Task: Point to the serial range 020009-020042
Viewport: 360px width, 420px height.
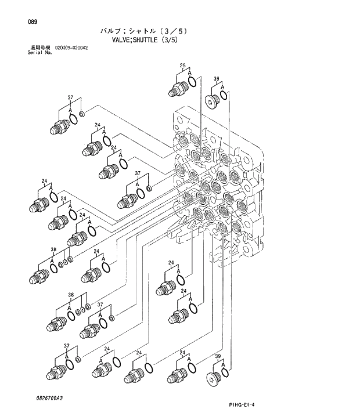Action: [x=73, y=49]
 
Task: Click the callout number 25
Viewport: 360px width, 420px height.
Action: [x=182, y=67]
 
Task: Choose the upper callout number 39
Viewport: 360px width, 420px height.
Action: [x=216, y=79]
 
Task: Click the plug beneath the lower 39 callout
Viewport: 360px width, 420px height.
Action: [x=214, y=380]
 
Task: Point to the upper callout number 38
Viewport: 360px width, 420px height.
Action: [x=53, y=250]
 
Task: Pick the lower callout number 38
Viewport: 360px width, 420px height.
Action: [x=70, y=295]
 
